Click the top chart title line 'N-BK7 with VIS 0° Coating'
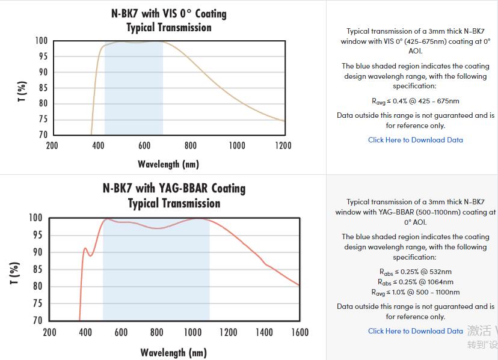click(168, 13)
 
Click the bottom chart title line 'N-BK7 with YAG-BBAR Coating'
click(174, 188)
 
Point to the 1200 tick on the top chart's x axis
click(283, 145)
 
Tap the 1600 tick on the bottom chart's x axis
click(300, 332)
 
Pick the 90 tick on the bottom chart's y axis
click(37, 252)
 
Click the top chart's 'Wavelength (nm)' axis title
click(168, 164)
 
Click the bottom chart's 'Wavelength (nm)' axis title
click(173, 352)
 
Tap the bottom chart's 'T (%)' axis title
click(16, 273)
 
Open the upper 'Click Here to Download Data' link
click(415, 140)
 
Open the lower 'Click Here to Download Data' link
click(415, 331)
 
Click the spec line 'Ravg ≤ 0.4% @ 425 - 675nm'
click(415, 101)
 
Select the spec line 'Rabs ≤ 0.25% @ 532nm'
click(415, 272)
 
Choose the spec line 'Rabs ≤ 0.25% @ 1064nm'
click(415, 282)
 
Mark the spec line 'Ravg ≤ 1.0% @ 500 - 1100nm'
click(415, 292)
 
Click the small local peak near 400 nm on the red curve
click(85, 248)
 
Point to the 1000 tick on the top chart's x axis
click(237, 145)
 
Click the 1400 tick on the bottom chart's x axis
click(263, 332)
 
